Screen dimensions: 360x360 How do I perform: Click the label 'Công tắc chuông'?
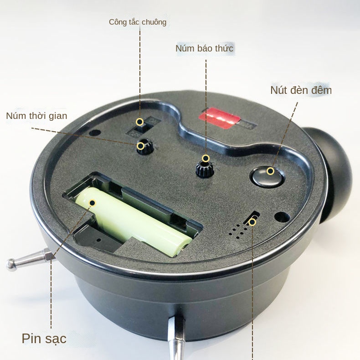pyautogui.click(x=138, y=22)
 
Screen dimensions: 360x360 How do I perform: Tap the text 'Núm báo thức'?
pyautogui.click(x=204, y=48)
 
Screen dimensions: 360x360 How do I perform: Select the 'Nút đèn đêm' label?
pyautogui.click(x=301, y=90)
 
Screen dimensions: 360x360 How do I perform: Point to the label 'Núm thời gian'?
pyautogui.click(x=37, y=116)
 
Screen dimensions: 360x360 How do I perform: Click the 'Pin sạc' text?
pyautogui.click(x=44, y=339)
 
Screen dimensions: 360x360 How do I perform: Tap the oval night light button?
pyautogui.click(x=267, y=176)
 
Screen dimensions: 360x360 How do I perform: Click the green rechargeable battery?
pyautogui.click(x=133, y=221)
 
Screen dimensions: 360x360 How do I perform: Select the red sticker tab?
pyautogui.click(x=219, y=118)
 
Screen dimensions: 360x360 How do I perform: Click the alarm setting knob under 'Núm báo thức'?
pyautogui.click(x=205, y=168)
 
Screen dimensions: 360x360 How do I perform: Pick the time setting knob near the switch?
pyautogui.click(x=144, y=147)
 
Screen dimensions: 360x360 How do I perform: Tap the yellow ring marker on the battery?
pyautogui.click(x=93, y=203)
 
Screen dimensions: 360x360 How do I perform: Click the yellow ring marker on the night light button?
pyautogui.click(x=271, y=171)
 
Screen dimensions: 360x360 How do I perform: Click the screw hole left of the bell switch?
pyautogui.click(x=95, y=133)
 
